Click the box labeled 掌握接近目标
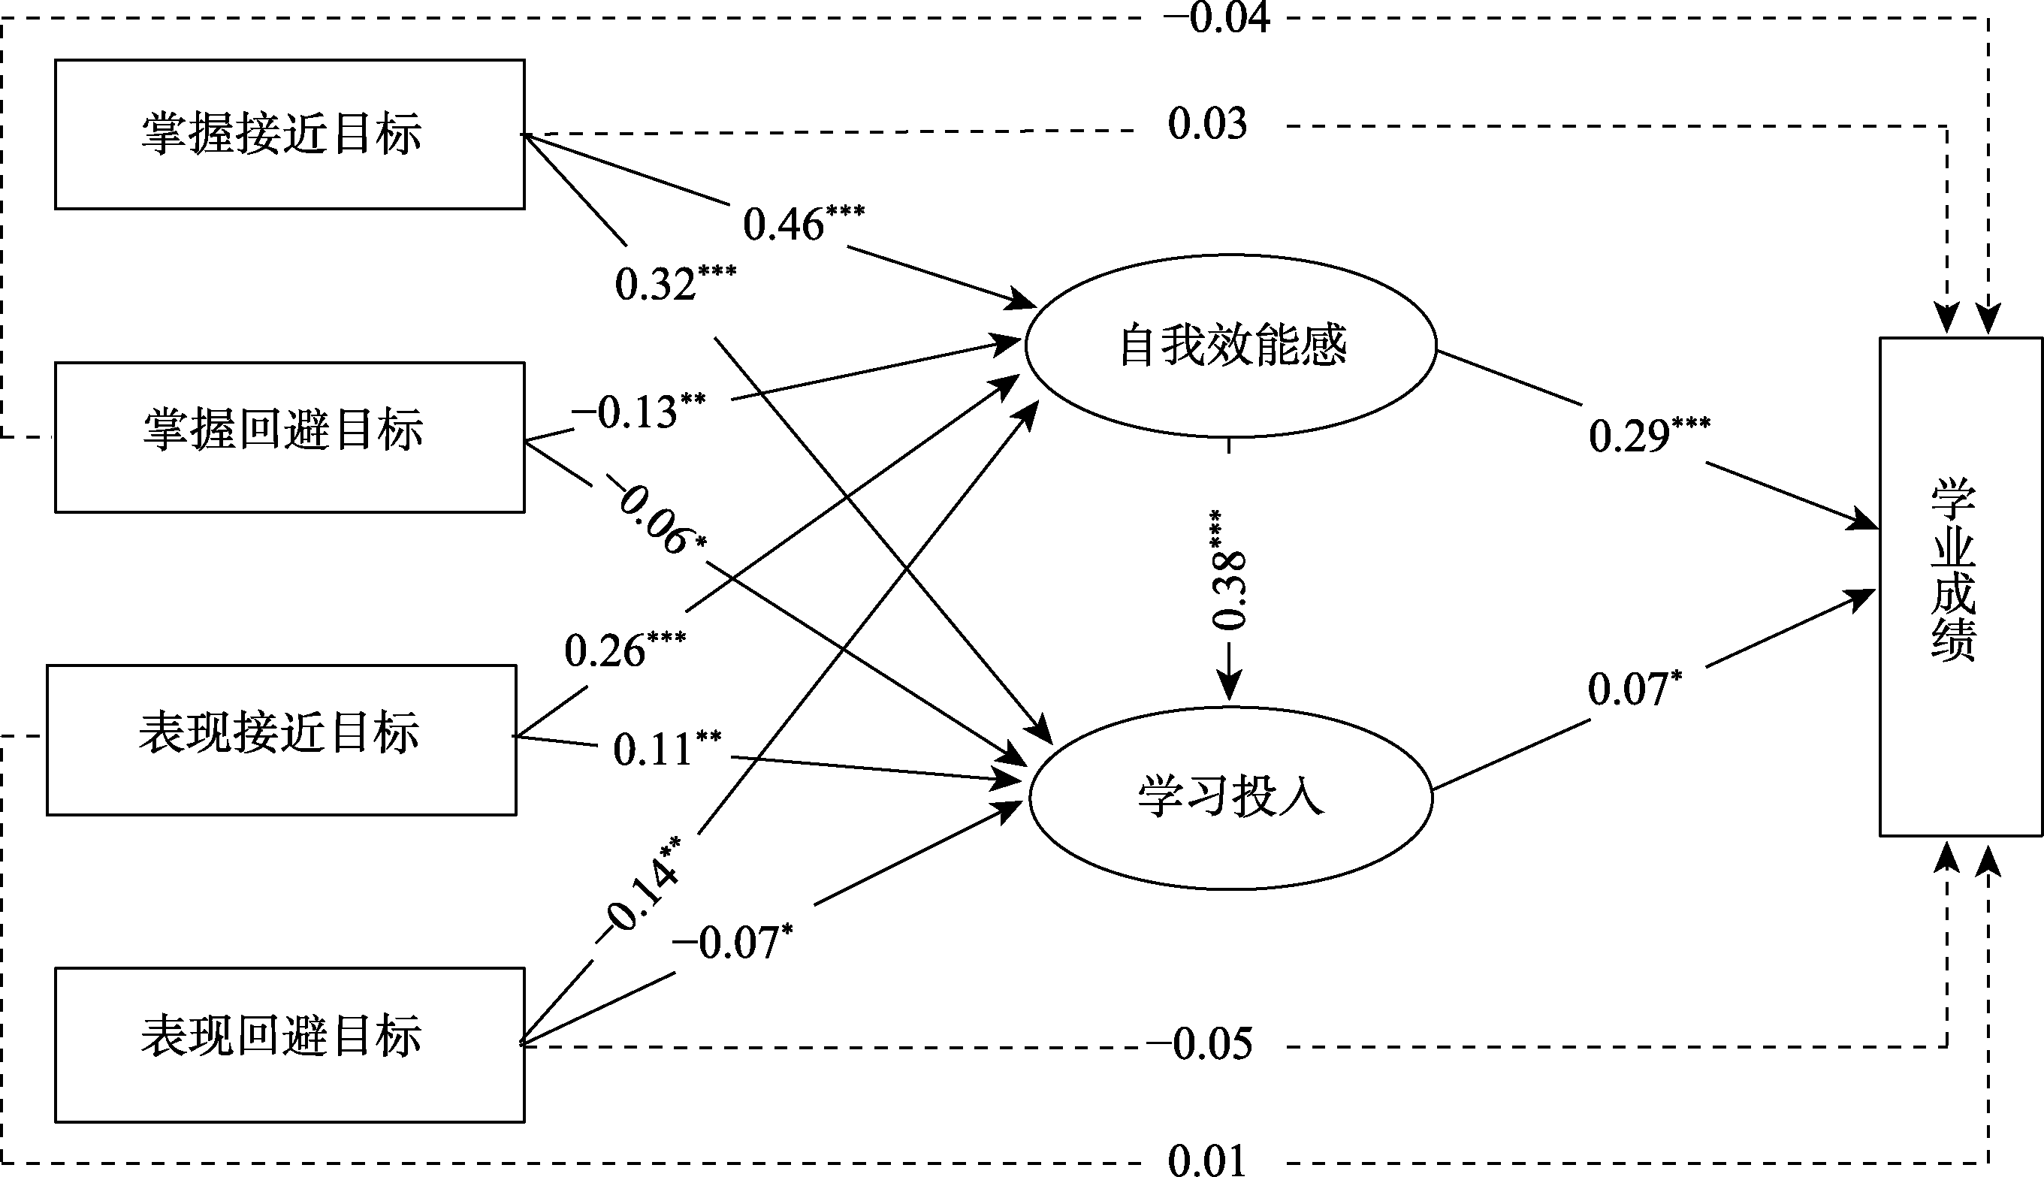pos(289,134)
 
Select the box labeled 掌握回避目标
pos(289,437)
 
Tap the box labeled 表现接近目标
pos(281,740)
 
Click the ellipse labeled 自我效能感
pos(1230,346)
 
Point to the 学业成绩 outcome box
pos(1959,586)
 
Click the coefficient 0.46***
pos(802,223)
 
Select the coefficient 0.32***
pos(674,283)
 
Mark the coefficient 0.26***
pos(624,649)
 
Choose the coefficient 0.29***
pos(1649,435)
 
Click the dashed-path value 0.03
pos(1206,125)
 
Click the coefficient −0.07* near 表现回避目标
pos(732,942)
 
